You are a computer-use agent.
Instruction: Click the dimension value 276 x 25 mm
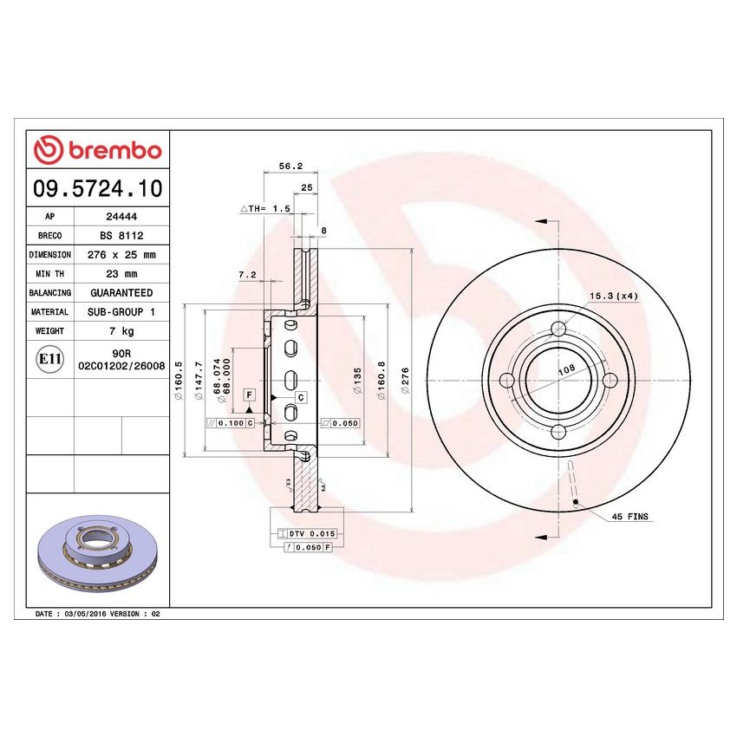click(x=121, y=255)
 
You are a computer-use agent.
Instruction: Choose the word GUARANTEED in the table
click(x=121, y=293)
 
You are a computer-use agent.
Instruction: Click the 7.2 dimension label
click(x=247, y=274)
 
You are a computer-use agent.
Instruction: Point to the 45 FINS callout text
click(x=629, y=517)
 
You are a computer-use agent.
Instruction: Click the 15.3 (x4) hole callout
click(x=614, y=297)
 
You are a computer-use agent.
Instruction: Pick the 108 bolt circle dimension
click(x=566, y=369)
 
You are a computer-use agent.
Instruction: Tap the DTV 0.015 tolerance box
click(x=310, y=533)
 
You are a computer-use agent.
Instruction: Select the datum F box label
click(x=250, y=395)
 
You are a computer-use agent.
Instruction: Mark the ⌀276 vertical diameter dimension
click(x=404, y=381)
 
